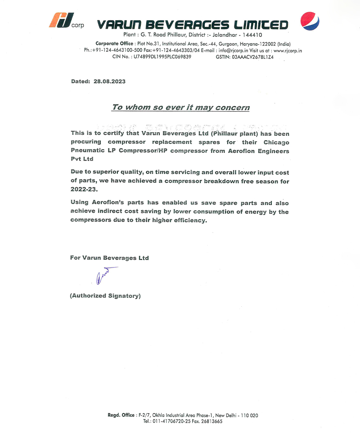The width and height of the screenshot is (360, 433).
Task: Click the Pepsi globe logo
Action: click(310, 21)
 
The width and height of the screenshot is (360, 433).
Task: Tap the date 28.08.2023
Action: click(109, 81)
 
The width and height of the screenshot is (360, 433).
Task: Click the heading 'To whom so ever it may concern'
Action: click(180, 107)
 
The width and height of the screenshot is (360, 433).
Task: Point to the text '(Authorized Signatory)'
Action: click(105, 296)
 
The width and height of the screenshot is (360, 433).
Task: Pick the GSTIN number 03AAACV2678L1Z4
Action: click(253, 57)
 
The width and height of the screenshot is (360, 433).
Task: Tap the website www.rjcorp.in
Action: click(288, 50)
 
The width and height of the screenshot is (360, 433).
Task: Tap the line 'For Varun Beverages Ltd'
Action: click(109, 258)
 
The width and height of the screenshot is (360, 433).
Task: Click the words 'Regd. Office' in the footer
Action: click(121, 415)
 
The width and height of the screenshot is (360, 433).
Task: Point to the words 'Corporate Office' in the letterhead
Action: click(114, 44)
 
